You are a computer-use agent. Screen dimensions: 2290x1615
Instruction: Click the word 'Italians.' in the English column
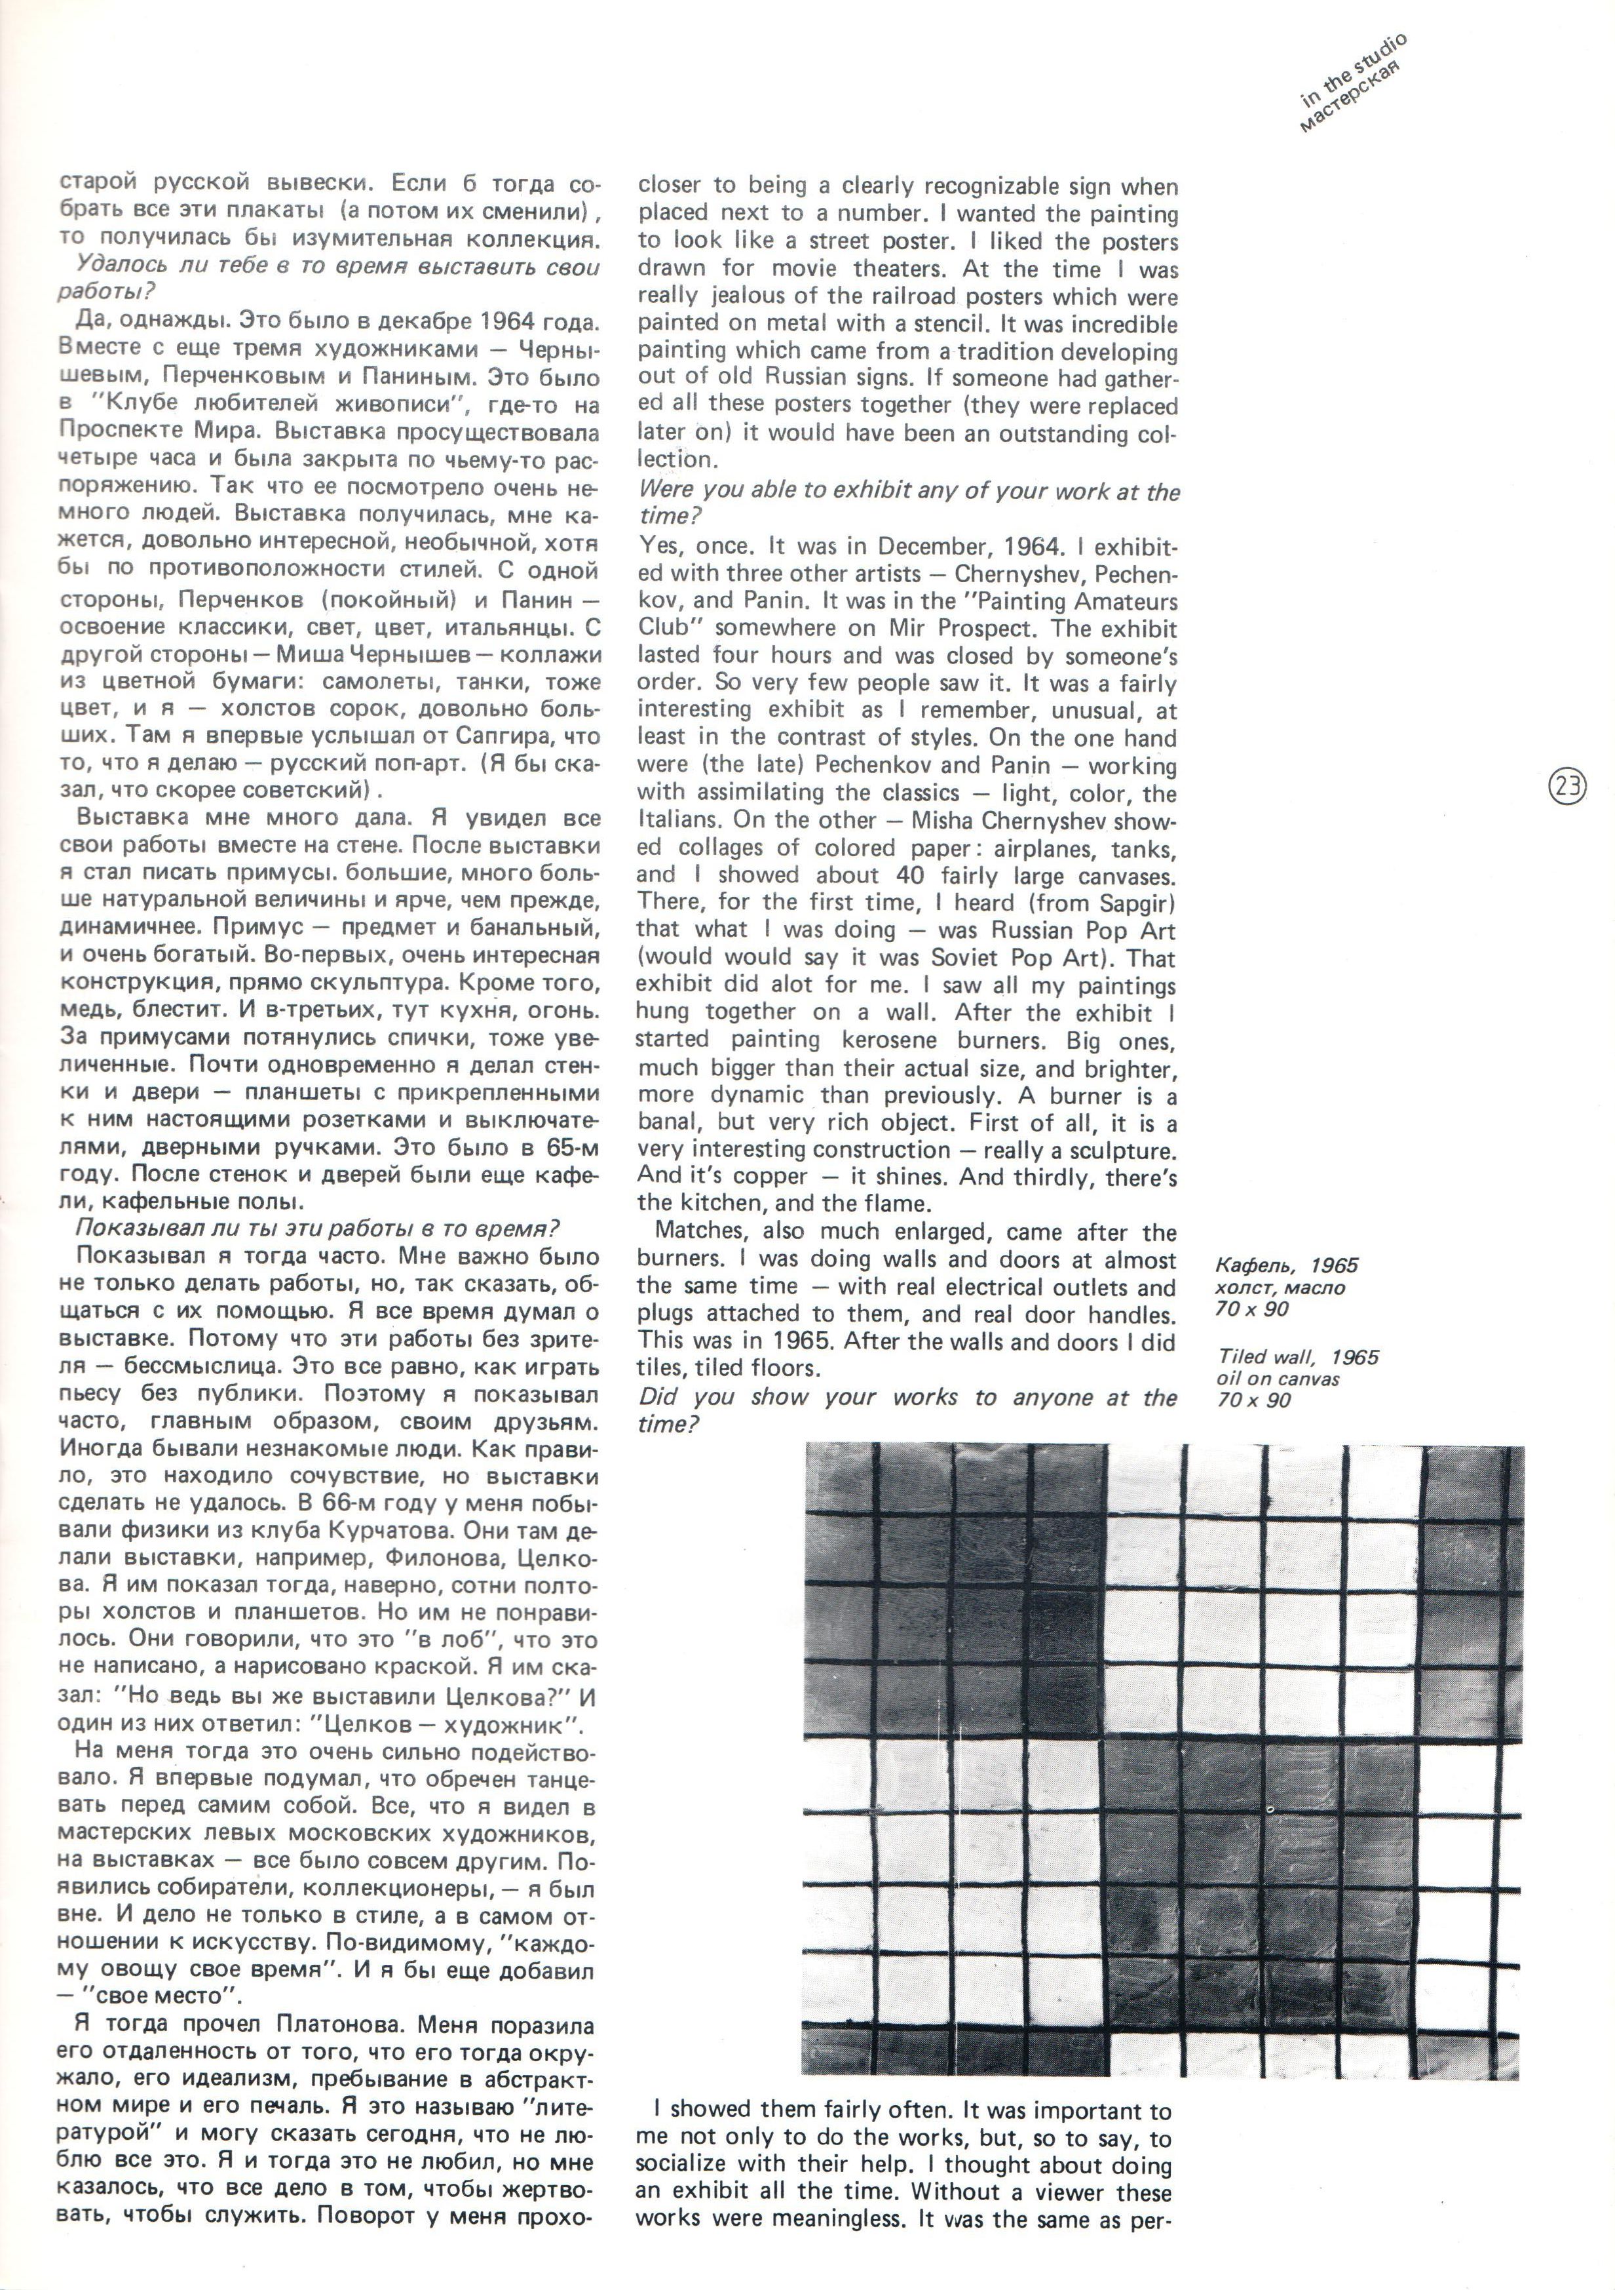(x=679, y=821)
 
